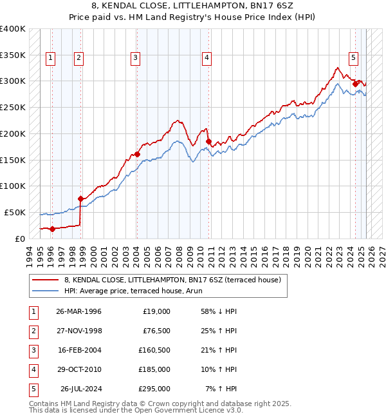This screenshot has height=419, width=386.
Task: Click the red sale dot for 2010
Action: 208,141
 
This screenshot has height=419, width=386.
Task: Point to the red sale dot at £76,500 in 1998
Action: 80,199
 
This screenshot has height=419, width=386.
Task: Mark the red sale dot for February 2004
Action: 137,154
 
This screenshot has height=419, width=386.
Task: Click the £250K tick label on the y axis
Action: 12,107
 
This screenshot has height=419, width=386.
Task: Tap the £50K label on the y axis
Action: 14,212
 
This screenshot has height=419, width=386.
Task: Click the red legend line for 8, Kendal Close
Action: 46,280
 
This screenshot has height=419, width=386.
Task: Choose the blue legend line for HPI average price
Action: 46,291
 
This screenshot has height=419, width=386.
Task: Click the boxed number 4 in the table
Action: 33,369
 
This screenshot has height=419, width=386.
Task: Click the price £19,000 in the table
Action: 155,311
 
